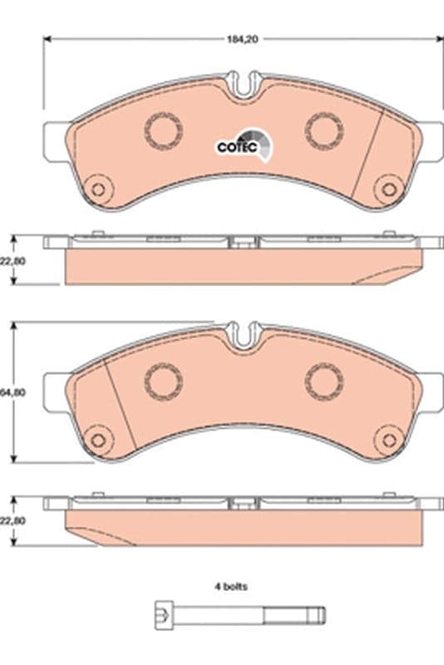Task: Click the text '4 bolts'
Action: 230,585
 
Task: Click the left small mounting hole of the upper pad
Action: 98,189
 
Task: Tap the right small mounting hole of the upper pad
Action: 387,189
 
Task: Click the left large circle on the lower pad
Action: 163,381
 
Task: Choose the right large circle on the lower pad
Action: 323,381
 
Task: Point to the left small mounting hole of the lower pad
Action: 98,439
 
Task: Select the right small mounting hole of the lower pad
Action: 387,439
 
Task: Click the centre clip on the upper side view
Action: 243,244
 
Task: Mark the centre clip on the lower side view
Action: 243,505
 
